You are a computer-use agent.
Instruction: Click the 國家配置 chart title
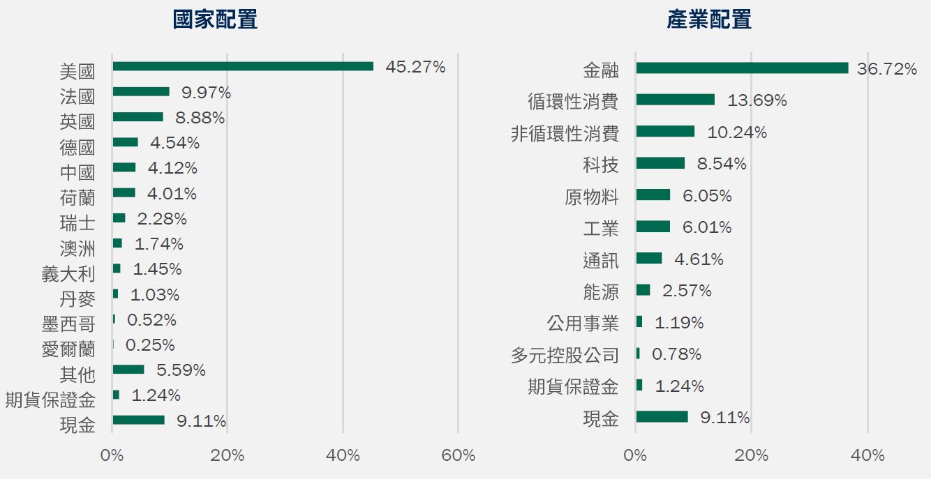click(x=215, y=20)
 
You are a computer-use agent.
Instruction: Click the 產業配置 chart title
click(x=709, y=20)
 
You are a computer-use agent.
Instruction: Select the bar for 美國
click(x=243, y=66)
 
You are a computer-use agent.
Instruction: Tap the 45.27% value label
click(x=415, y=67)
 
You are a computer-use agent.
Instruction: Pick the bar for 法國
click(x=141, y=91)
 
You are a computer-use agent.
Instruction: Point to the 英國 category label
click(x=77, y=121)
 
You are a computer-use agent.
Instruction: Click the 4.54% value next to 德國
click(x=174, y=143)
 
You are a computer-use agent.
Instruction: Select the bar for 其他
click(x=128, y=370)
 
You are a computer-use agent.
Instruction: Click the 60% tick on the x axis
click(x=459, y=456)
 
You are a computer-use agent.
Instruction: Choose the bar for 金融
click(x=742, y=68)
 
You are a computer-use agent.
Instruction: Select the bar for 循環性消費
click(x=676, y=100)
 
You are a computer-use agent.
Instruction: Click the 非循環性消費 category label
click(x=565, y=134)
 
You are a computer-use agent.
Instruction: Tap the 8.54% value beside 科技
click(x=722, y=164)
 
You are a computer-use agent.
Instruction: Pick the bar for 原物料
click(x=653, y=195)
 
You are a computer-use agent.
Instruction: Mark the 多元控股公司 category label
click(x=565, y=356)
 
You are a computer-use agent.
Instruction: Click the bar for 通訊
click(x=649, y=259)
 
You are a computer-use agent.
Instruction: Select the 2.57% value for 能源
click(x=687, y=291)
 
